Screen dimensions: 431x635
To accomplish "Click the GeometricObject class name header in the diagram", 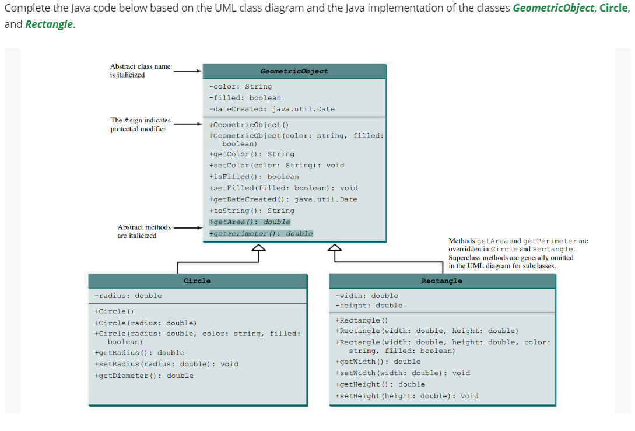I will [294, 71].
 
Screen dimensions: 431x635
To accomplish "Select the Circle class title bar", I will [197, 281].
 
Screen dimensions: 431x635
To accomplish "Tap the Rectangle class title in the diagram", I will [441, 281].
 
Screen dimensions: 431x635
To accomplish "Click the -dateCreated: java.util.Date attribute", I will [272, 109].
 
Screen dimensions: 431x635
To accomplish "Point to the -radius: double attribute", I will [128, 296].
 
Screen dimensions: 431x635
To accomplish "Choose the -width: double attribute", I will [367, 296].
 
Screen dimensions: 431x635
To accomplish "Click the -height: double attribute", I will [369, 305].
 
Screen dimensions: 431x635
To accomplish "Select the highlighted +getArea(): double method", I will [250, 222].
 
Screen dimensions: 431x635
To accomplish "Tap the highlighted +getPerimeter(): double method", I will [261, 234].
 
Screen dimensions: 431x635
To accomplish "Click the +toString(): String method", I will [252, 211].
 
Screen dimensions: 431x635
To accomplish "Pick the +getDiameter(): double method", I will [144, 376].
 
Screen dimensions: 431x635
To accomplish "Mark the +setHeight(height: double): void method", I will [407, 396].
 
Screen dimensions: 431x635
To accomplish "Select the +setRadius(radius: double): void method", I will [166, 364].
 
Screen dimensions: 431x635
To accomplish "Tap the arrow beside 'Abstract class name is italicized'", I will [188, 71].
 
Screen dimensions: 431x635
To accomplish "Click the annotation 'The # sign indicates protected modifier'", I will [141, 124].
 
